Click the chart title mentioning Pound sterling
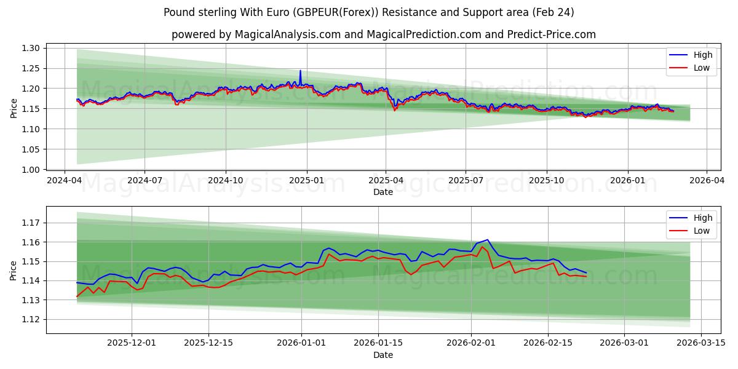pos(369,12)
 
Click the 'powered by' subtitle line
pos(383,34)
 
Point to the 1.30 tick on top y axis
pos(31,48)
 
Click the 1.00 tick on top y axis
pos(31,170)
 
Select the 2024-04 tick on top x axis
pos(65,181)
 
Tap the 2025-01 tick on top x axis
pos(306,181)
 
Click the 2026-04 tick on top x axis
pos(706,181)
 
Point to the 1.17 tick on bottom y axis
pos(31,223)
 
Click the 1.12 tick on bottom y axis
pos(31,319)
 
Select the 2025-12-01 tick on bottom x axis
pos(132,343)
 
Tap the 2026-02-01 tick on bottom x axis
pos(471,343)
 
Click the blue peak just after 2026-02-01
pos(487,240)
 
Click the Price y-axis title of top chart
pos(14,108)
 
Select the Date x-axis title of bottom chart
pos(383,355)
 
